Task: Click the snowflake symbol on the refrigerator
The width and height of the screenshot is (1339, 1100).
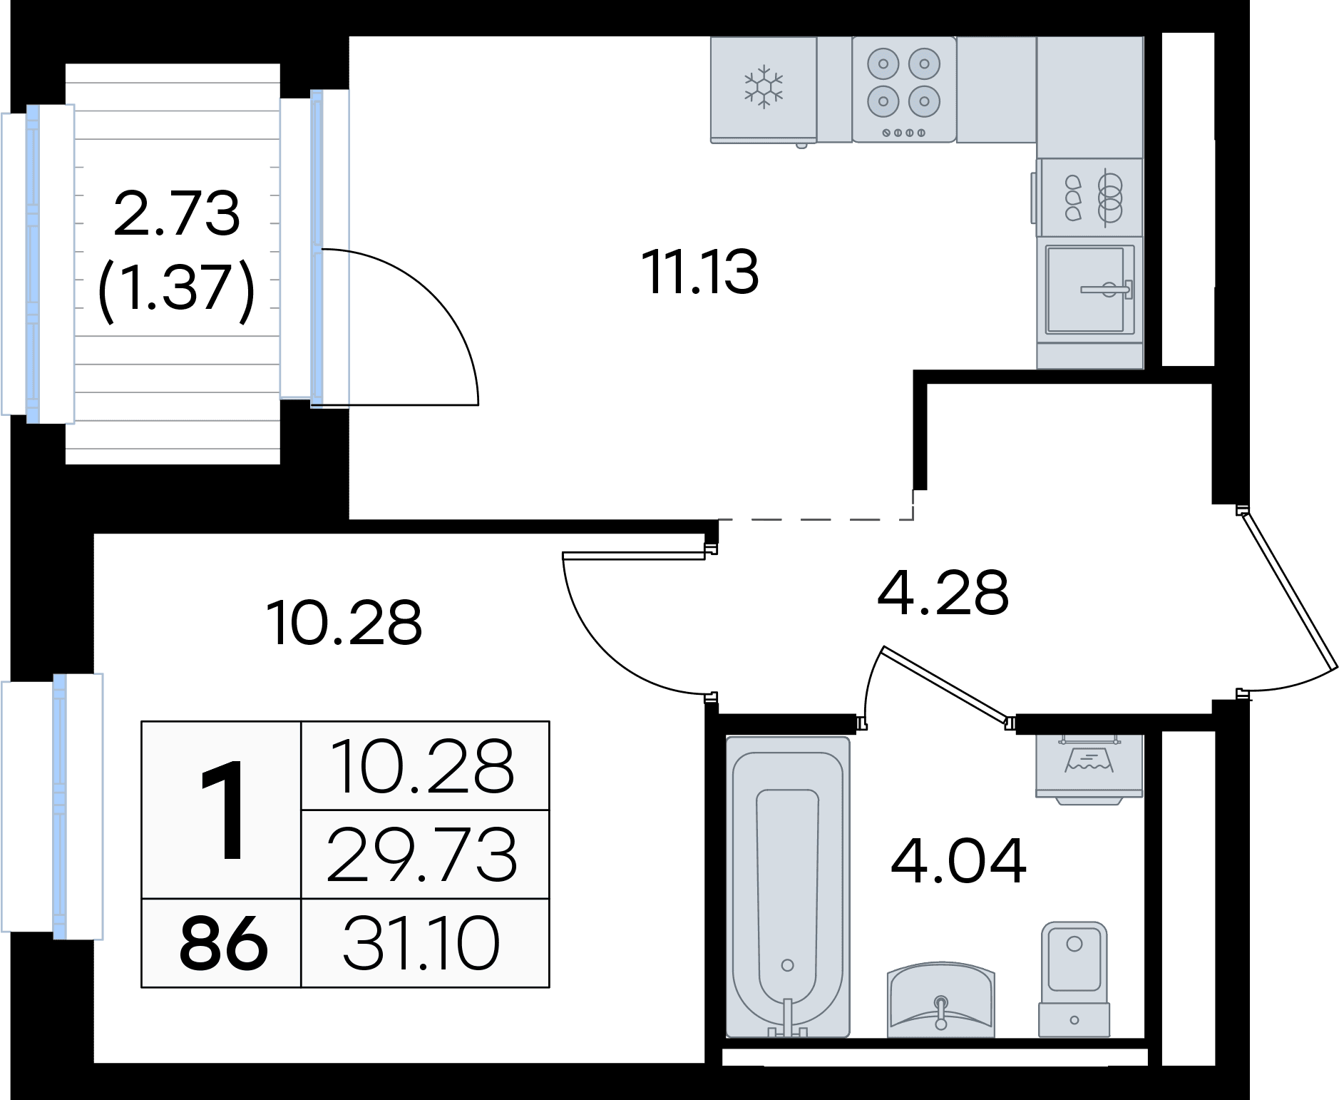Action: click(764, 87)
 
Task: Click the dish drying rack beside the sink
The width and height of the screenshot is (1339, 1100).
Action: click(1090, 197)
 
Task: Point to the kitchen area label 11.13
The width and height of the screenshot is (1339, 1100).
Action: click(700, 272)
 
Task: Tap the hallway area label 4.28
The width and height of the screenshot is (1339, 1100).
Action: click(943, 591)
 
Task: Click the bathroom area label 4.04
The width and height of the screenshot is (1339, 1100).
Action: click(958, 860)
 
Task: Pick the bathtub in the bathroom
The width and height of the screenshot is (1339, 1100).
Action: click(788, 887)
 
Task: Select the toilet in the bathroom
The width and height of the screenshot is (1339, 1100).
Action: click(1074, 979)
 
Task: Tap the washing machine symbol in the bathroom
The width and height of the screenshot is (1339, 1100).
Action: click(1089, 767)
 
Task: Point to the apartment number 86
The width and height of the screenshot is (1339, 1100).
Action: click(223, 943)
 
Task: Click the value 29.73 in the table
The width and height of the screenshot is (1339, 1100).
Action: click(421, 854)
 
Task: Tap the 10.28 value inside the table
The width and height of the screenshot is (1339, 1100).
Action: click(423, 766)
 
